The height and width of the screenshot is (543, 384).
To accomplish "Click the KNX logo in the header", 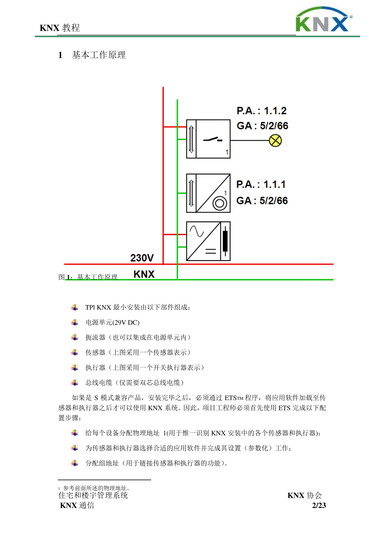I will pos(323,20).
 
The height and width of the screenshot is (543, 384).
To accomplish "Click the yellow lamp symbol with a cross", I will pos(275,141).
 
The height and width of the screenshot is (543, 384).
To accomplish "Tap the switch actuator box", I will pos(208,139).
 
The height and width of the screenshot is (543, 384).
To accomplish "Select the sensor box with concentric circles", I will pos(208,193).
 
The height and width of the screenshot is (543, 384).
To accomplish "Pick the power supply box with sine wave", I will pos(208,241).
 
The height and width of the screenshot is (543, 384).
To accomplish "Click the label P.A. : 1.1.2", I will pos(262,111).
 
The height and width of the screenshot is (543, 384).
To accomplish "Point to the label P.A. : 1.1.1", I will pos(261,185).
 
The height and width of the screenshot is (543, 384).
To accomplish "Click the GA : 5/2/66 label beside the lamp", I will pos(262,126).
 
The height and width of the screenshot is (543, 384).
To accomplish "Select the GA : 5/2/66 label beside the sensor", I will pos(262,201).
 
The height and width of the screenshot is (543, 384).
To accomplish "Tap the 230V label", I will pos(142,258).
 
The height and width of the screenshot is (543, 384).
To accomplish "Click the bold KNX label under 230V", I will pos(144,274).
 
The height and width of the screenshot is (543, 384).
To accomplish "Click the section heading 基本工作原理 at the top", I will pos(99,55).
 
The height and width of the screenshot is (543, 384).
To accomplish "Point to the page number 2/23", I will pos(319,505).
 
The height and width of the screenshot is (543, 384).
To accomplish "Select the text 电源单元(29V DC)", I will pos(112,322).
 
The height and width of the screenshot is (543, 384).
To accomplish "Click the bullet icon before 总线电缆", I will pos(75,383).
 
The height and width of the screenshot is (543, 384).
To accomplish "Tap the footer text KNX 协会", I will pos(304,495).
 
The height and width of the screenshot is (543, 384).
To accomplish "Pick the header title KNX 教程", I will pos(60,28).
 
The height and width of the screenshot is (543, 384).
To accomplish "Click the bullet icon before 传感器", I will pos(75,352).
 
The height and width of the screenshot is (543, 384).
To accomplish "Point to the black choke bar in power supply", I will pos(225,241).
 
